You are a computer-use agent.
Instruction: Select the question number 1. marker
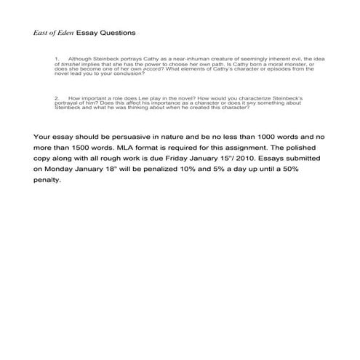pyautogui.click(x=56, y=58)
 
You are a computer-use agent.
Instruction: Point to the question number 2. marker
pyautogui.click(x=56, y=96)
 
